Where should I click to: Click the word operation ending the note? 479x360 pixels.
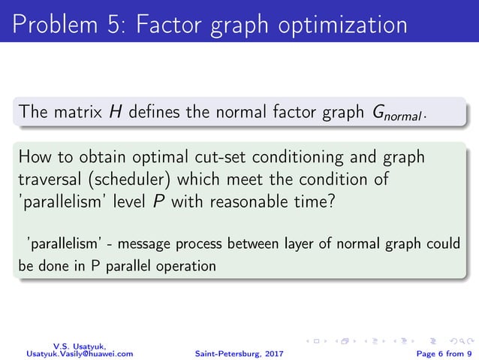(x=187, y=266)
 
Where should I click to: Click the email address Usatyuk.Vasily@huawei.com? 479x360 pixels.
(x=80, y=352)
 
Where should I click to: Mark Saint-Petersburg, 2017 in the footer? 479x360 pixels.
(x=239, y=352)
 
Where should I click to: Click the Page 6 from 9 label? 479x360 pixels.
(x=438, y=352)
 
